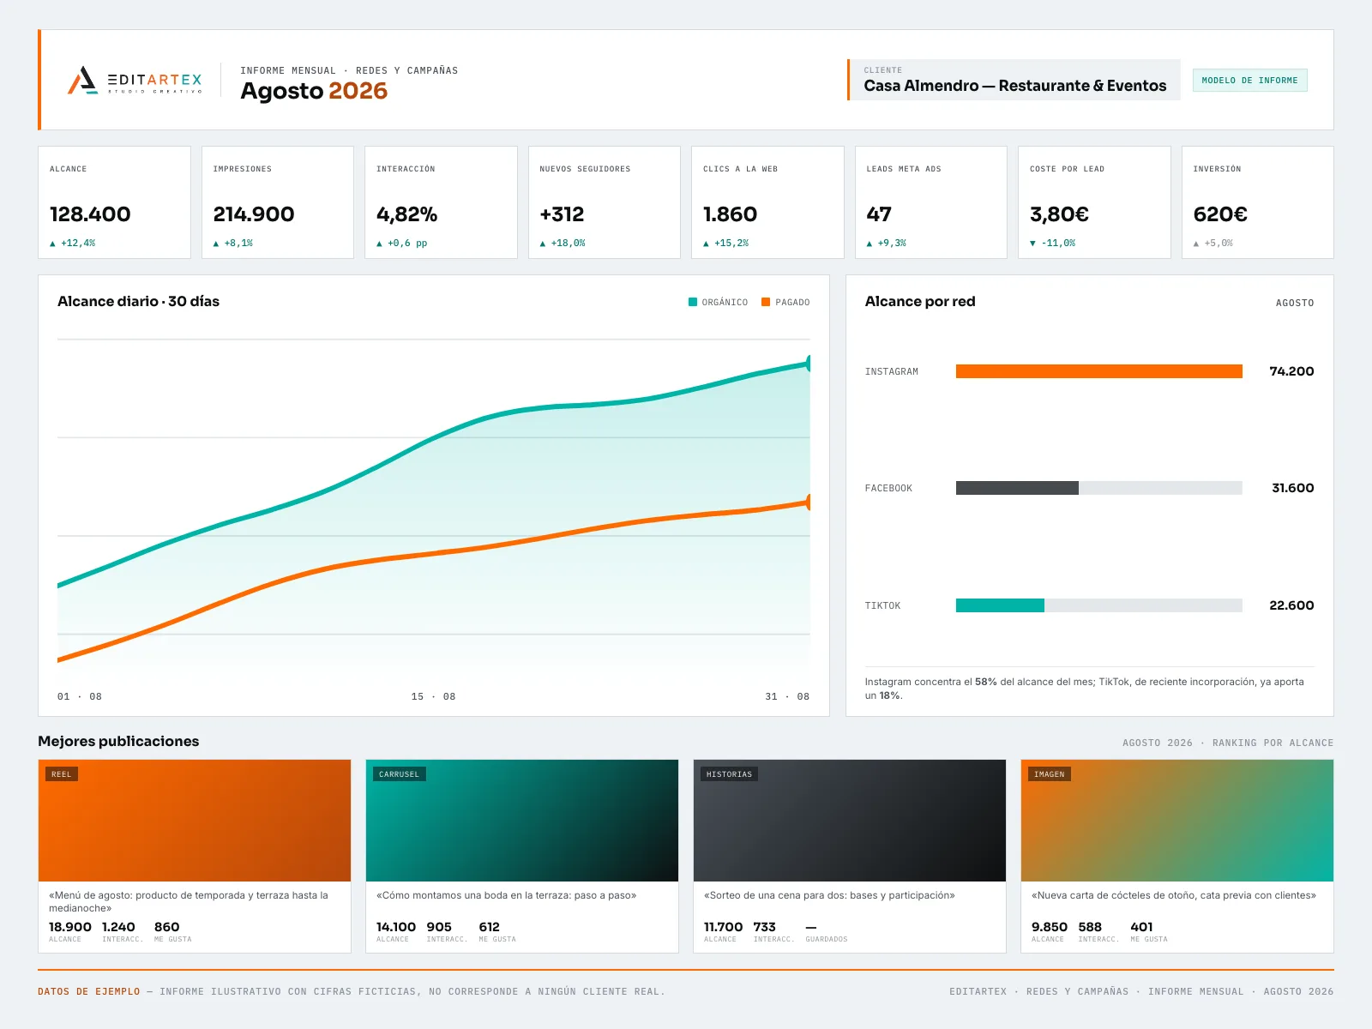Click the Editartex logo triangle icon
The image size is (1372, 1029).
(82, 81)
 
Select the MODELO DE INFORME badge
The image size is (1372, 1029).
(1249, 80)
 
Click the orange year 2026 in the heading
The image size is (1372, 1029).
(358, 91)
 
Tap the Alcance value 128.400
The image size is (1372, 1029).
(90, 214)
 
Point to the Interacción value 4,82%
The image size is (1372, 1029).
(406, 214)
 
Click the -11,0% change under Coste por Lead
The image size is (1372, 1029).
(1052, 243)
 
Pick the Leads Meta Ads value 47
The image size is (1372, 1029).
(878, 214)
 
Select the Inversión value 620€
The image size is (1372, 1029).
(1219, 214)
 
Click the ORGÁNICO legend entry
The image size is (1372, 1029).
(718, 302)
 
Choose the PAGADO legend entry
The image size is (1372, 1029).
(785, 302)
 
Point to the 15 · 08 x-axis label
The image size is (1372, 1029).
(433, 696)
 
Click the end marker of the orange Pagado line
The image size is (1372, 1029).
(809, 502)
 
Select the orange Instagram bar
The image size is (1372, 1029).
(1098, 371)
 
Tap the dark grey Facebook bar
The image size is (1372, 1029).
(1017, 488)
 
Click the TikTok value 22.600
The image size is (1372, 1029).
(1291, 605)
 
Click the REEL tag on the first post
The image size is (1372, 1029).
(61, 774)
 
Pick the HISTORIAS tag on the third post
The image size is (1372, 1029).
(729, 774)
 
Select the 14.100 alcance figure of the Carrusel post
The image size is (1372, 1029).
(395, 927)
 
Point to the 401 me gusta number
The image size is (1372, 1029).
(1141, 927)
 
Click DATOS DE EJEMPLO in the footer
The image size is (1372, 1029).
(89, 991)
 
